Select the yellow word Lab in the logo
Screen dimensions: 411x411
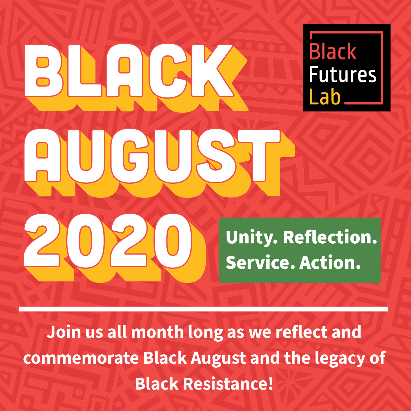325,97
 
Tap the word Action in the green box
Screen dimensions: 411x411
330,262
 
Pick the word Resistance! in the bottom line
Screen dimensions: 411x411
228,384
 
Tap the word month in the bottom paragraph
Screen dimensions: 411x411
157,332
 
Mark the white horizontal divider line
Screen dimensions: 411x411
203,309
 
